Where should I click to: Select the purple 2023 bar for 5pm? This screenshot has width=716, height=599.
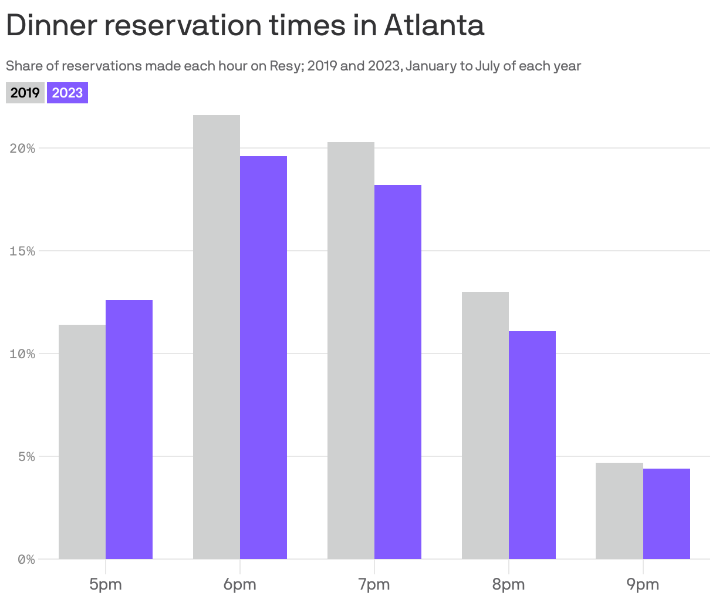point(129,429)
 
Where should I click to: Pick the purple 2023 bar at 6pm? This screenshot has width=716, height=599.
point(264,358)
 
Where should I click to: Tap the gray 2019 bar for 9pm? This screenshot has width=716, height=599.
point(619,511)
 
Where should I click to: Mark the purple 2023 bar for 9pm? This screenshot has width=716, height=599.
point(667,514)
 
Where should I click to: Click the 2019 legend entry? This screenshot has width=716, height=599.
point(25,93)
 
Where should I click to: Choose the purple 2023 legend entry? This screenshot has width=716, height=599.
point(67,93)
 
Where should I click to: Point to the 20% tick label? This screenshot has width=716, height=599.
point(22,148)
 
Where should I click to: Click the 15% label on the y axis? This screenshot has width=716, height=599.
point(22,251)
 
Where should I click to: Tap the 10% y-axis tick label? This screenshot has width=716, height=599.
point(22,354)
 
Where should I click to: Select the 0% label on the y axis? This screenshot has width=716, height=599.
point(26,560)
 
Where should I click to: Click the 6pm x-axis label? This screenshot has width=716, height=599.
point(239,584)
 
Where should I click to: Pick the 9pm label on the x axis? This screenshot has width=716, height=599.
point(643,584)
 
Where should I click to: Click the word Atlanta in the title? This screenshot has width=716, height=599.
point(434,26)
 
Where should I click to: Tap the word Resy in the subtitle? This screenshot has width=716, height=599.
point(284,66)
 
